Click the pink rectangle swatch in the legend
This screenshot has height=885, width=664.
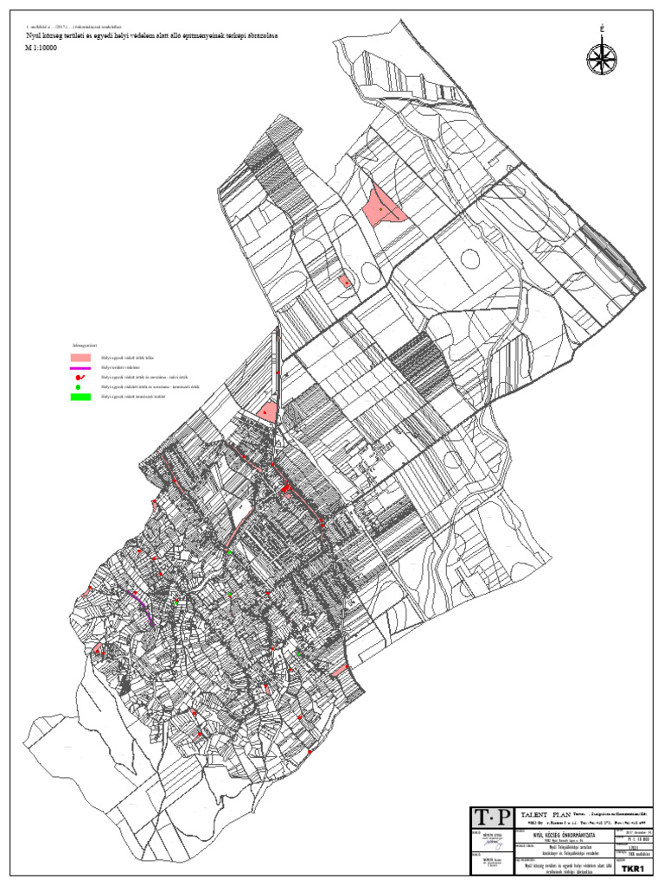[80, 357]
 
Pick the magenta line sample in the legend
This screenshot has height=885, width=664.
[80, 368]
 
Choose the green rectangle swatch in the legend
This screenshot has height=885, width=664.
[80, 398]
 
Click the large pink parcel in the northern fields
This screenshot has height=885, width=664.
[383, 207]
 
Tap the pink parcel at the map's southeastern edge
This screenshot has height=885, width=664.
[340, 670]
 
